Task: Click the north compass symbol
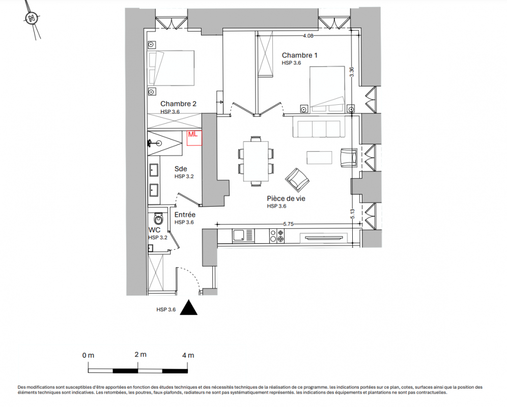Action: (x=32, y=18)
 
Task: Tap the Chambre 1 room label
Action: (x=299, y=55)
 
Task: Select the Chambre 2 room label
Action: (x=178, y=104)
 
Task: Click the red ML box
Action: (x=194, y=138)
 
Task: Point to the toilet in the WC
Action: (x=158, y=219)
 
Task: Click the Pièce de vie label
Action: (x=286, y=198)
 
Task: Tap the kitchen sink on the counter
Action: (x=243, y=236)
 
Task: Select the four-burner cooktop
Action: (x=277, y=236)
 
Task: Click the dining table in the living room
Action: (x=256, y=161)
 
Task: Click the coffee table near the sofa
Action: (x=319, y=158)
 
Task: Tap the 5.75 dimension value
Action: (x=288, y=224)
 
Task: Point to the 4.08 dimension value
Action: (x=308, y=36)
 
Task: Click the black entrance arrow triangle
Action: (x=188, y=307)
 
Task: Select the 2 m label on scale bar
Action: (x=140, y=355)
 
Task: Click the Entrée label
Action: (x=185, y=215)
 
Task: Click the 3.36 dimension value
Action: (x=352, y=71)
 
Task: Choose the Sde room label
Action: (x=181, y=169)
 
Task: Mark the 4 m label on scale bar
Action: (x=188, y=355)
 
